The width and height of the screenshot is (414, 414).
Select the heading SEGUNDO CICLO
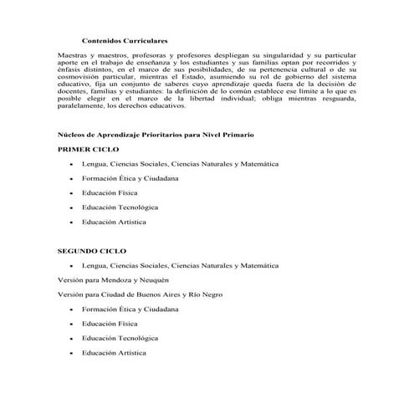click(91, 250)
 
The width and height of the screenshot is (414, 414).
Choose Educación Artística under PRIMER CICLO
click(115, 222)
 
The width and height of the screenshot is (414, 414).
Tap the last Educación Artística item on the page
click(115, 353)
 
